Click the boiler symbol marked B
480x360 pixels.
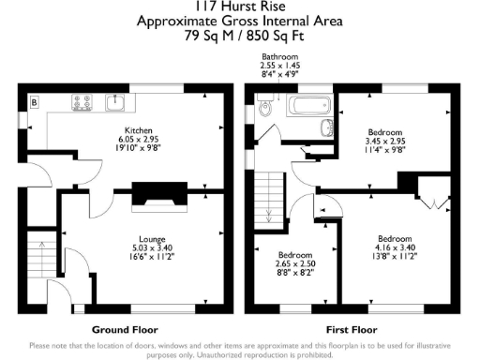(x=35, y=100)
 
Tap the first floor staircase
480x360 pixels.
(x=270, y=196)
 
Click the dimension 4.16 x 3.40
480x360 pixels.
(x=385, y=247)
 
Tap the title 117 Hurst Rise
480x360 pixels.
(x=239, y=7)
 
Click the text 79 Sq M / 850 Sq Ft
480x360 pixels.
(x=240, y=37)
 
